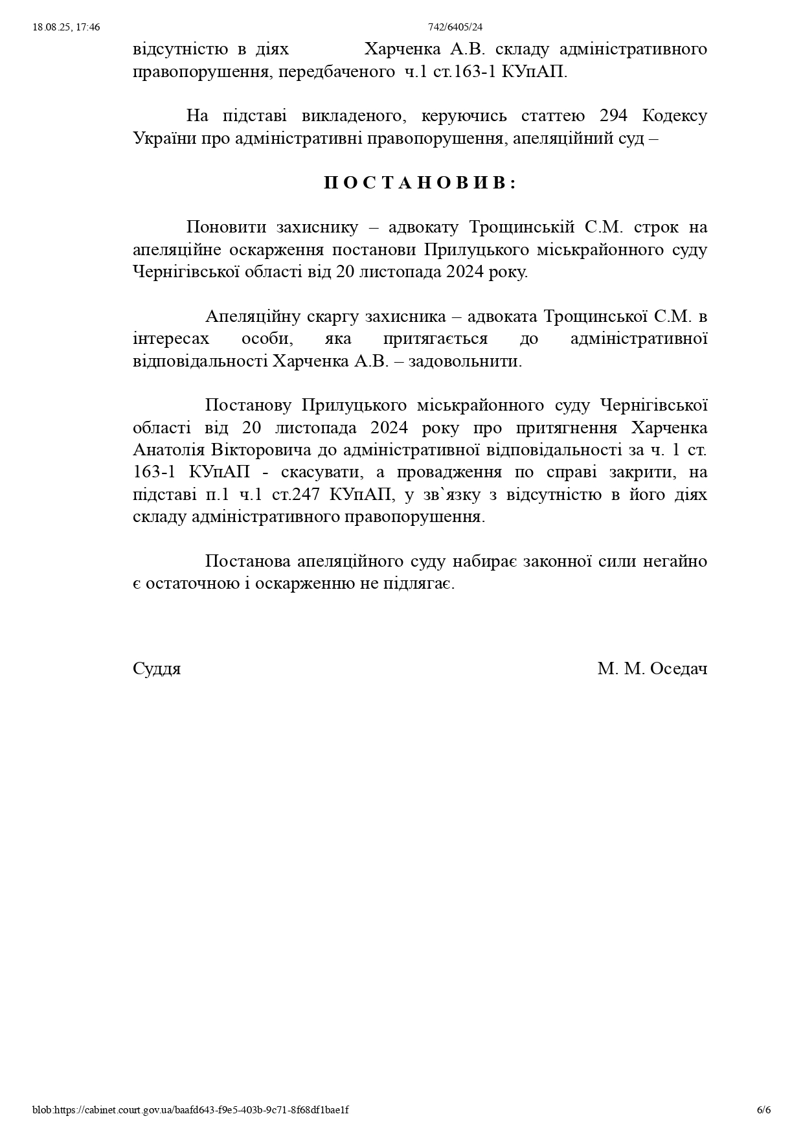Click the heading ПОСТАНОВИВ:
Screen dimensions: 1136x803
coord(420,183)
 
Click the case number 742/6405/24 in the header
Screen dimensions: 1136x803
coord(455,27)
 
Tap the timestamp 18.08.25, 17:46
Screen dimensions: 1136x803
coord(66,27)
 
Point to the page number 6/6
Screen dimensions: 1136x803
coord(763,1109)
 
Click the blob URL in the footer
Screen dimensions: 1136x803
coord(190,1109)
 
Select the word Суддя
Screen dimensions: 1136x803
coord(157,668)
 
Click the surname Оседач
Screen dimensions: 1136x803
coord(678,668)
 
